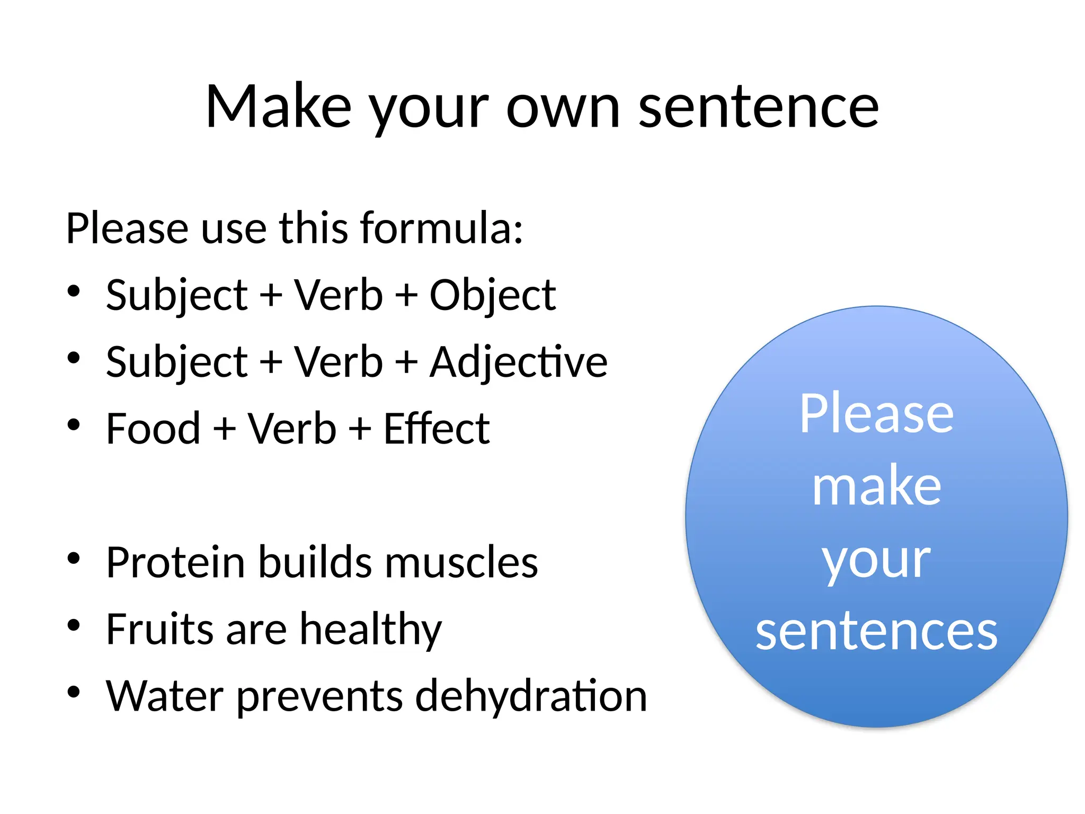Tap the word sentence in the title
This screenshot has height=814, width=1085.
(x=758, y=108)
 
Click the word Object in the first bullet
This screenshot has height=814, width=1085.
(x=492, y=296)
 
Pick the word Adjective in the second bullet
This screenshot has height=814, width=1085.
(x=518, y=362)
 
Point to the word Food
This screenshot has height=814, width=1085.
(x=153, y=429)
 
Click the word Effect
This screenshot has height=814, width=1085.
(x=436, y=429)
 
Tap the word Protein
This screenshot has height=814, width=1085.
(x=175, y=563)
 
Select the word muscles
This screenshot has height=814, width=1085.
(x=461, y=563)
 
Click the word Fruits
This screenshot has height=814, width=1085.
(x=159, y=630)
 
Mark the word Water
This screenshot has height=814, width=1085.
(x=164, y=696)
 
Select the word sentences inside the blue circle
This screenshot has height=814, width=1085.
(x=876, y=632)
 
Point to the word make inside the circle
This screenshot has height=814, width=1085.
(x=876, y=486)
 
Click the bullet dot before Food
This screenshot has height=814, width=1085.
(x=74, y=424)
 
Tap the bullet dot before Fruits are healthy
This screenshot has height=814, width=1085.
(x=74, y=625)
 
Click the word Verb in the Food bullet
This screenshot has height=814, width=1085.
(x=292, y=429)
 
